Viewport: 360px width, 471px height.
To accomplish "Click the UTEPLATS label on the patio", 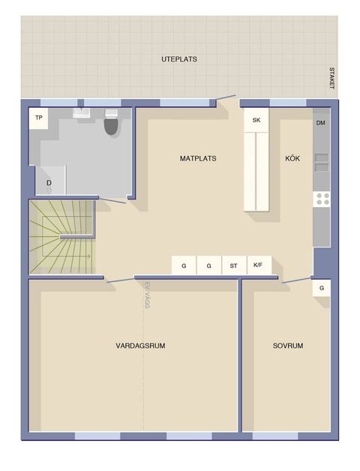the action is [x=179, y=59].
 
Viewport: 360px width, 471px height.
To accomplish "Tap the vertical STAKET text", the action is [x=331, y=78].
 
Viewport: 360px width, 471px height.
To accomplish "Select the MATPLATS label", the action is [x=198, y=158].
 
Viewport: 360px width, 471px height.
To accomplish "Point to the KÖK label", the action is [x=292, y=158].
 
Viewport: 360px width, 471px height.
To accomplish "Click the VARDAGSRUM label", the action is [x=140, y=346].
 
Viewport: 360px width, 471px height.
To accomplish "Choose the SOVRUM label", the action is [x=288, y=346].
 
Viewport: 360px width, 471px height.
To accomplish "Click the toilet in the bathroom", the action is [x=112, y=123].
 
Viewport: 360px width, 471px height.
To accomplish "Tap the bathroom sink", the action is [x=82, y=113].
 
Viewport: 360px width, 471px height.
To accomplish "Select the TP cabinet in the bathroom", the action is [x=38, y=118].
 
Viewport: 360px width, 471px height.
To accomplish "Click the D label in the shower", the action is [x=49, y=183].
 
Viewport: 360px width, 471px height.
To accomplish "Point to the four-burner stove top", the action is [x=322, y=199].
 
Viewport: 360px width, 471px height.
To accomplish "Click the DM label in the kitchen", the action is [x=321, y=123].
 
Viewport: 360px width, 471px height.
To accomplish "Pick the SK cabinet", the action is [x=256, y=120].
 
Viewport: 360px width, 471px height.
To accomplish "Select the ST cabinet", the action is [x=234, y=265].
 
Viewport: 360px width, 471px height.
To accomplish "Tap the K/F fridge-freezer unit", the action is [x=259, y=265].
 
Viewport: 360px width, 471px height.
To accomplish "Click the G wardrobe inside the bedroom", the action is [x=322, y=288].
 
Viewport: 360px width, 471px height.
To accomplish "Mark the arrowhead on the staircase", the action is [x=88, y=256].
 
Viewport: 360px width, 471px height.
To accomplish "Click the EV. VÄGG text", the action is [x=147, y=295].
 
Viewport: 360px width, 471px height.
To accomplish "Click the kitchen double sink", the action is [x=322, y=162].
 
